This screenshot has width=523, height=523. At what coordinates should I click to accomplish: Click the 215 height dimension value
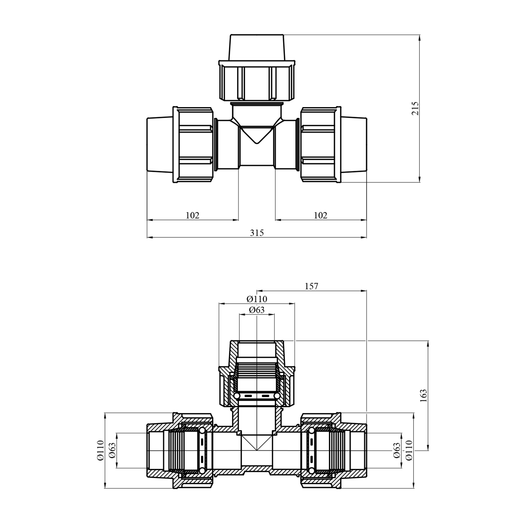click(415, 108)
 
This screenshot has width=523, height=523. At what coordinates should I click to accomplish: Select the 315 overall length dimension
click(257, 233)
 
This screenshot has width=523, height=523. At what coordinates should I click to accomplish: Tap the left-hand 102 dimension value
click(192, 215)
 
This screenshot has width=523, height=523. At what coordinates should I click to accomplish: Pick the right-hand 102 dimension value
click(321, 215)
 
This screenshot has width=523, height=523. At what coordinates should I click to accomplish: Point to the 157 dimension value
click(311, 286)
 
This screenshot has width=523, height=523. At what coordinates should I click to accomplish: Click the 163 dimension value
click(423, 396)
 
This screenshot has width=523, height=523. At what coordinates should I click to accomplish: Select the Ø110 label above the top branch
click(257, 299)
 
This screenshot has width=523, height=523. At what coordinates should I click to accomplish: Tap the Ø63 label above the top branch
click(257, 310)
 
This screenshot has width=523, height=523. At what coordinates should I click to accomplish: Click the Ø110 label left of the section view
click(100, 450)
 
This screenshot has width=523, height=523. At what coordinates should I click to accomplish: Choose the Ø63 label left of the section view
click(112, 450)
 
